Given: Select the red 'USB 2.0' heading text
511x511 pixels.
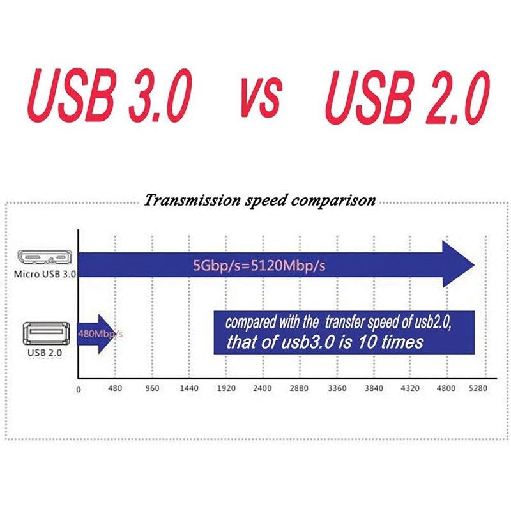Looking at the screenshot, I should coord(408,97).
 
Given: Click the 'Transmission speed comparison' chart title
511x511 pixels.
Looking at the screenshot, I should coord(259,201).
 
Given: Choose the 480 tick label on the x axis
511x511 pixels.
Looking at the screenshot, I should coord(115,388).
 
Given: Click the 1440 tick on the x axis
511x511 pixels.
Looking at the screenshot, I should coord(189,388).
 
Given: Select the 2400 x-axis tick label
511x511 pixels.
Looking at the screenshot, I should coord(263,388).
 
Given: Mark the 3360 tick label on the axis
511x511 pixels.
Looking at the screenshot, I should coord(337,388).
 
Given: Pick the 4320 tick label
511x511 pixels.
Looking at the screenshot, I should coord(411,388).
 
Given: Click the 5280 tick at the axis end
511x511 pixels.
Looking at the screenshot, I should coord(478,388).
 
